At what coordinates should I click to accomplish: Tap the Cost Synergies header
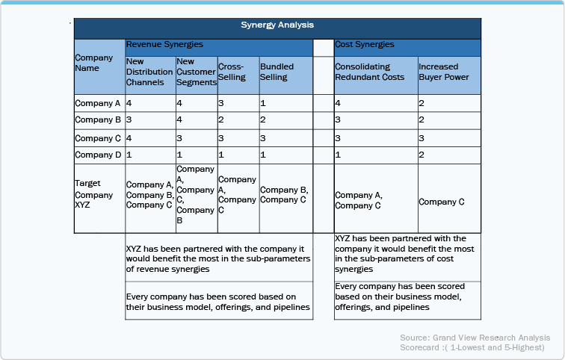coord(365,46)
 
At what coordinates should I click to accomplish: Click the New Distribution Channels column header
coord(149,72)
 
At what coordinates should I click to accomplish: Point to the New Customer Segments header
coord(196,72)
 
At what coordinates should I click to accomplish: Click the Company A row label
coord(99,102)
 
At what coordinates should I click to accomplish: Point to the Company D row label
coord(99,155)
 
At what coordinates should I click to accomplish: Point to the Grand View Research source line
coord(475,338)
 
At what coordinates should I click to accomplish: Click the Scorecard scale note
coord(472,348)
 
